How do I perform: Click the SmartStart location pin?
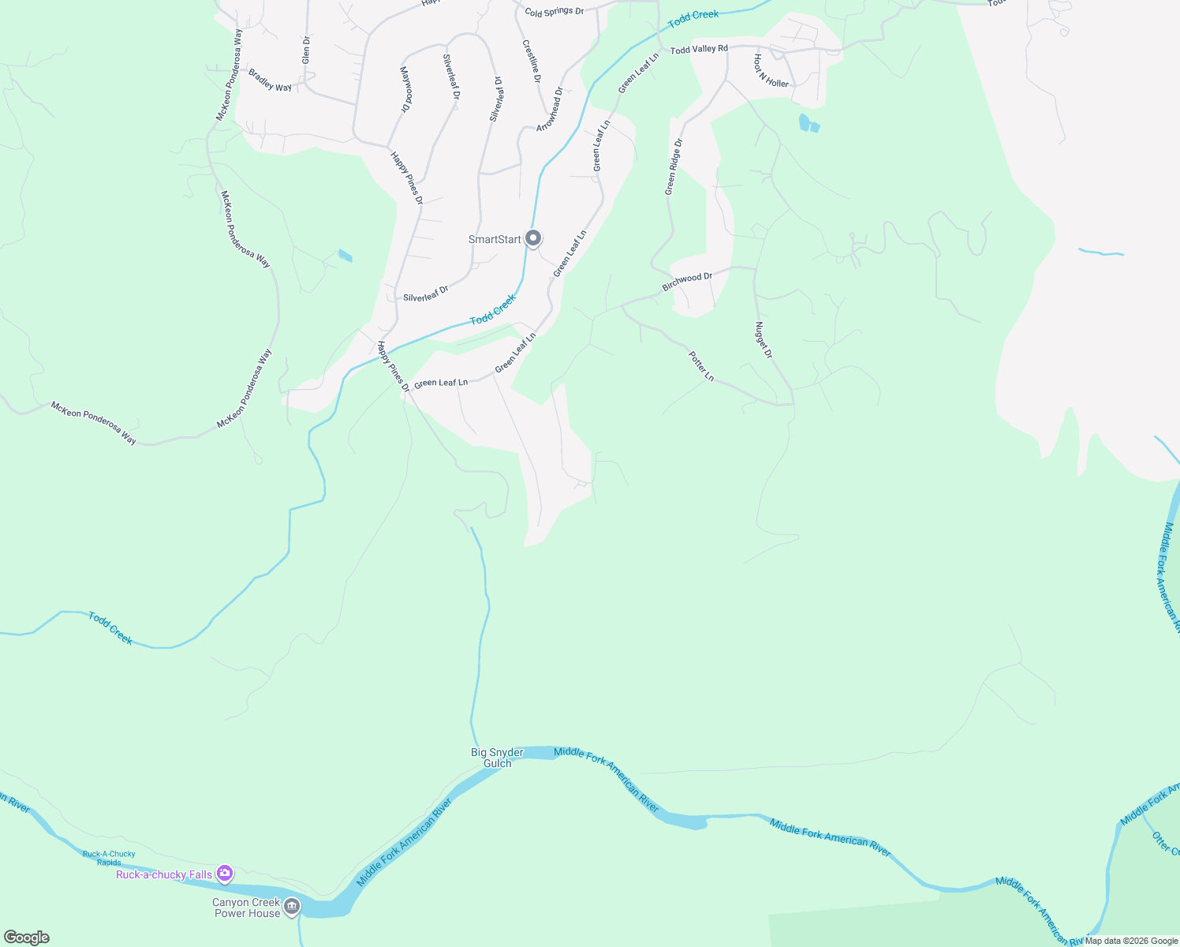533,238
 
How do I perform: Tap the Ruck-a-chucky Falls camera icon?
225,873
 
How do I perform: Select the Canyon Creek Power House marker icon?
292,907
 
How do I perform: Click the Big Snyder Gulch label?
497,758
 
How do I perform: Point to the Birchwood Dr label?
687,282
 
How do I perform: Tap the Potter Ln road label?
701,366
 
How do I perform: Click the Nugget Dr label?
763,340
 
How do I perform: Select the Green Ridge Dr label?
673,167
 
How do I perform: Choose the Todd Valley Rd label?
699,49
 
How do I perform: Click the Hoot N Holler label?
771,71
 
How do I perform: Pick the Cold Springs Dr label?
554,12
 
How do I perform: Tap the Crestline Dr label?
532,62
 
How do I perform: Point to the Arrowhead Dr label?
551,110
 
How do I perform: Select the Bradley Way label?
270,80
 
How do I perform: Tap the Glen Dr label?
306,50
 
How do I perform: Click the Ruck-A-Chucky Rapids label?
109,858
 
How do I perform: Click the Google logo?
26,938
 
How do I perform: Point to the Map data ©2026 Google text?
1131,941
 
